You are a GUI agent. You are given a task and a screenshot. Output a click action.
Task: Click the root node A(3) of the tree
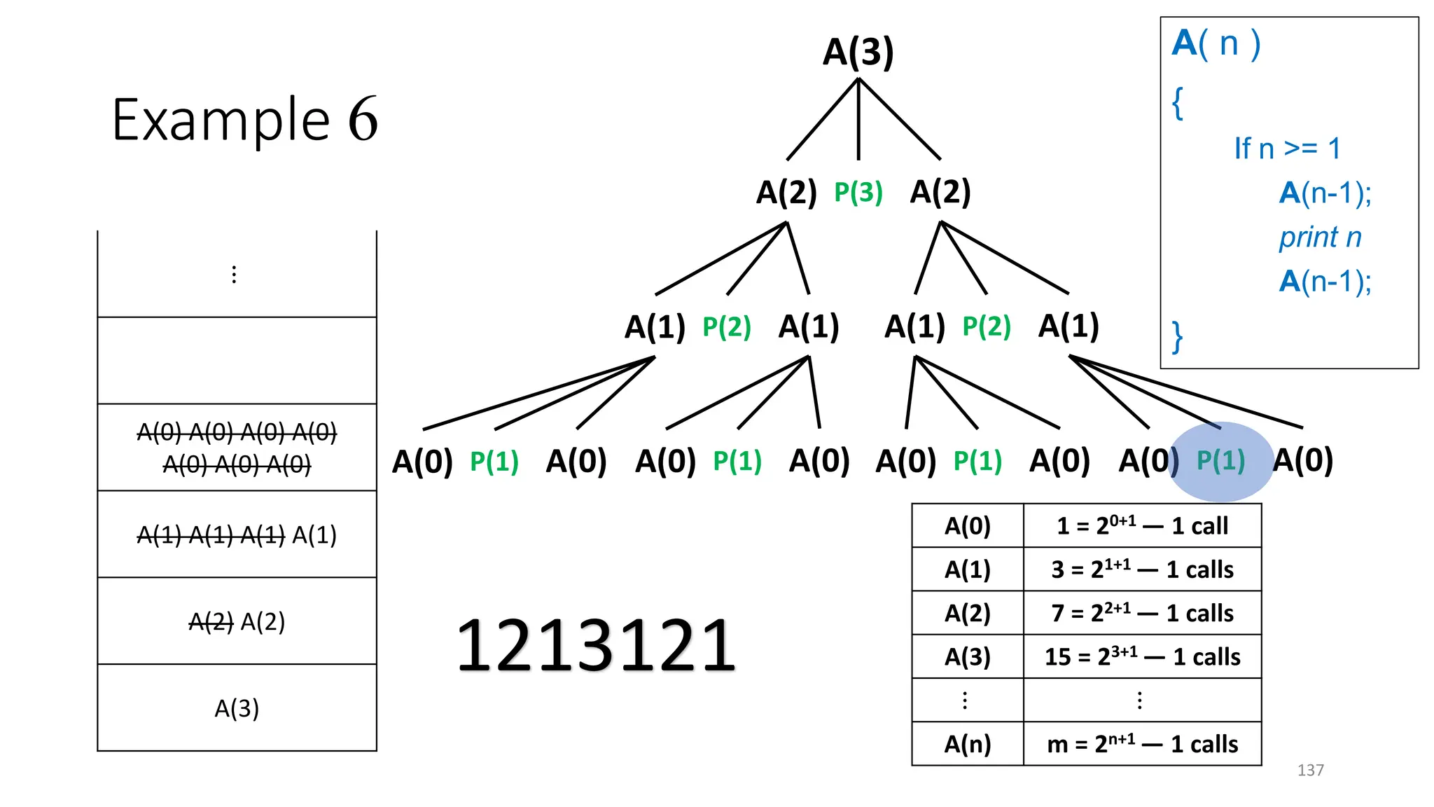pyautogui.click(x=858, y=52)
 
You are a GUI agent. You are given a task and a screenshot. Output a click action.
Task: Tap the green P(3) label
pyautogui.click(x=858, y=192)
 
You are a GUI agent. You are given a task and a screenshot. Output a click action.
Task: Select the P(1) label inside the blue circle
pyautogui.click(x=1220, y=460)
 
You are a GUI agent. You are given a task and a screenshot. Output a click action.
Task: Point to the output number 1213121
pyautogui.click(x=596, y=645)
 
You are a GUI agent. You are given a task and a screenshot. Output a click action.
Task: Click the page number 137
pyautogui.click(x=1310, y=770)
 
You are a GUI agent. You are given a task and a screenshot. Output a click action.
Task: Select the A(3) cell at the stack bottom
pyautogui.click(x=237, y=708)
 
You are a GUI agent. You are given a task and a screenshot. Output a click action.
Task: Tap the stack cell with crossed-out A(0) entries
pyautogui.click(x=237, y=448)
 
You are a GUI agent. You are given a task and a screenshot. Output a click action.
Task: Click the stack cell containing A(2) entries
pyautogui.click(x=237, y=621)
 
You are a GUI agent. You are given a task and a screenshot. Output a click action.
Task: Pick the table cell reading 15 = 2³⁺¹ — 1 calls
pyautogui.click(x=1142, y=656)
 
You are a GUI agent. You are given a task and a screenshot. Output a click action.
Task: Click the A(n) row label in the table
pyautogui.click(x=968, y=743)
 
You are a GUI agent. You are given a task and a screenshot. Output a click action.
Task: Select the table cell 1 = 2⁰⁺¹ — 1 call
pyautogui.click(x=1142, y=525)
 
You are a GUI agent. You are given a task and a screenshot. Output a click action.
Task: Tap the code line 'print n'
pyautogui.click(x=1320, y=237)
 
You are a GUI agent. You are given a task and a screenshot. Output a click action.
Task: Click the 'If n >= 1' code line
pyautogui.click(x=1287, y=149)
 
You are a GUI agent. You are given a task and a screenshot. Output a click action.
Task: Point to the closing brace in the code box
pyautogui.click(x=1178, y=337)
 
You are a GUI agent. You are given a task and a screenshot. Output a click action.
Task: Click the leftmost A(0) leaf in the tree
pyautogui.click(x=422, y=461)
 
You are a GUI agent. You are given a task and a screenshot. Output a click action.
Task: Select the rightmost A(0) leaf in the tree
pyautogui.click(x=1302, y=460)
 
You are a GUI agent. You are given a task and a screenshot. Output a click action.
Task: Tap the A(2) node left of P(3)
pyautogui.click(x=786, y=192)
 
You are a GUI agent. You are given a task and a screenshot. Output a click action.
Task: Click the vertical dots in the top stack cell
pyautogui.click(x=234, y=274)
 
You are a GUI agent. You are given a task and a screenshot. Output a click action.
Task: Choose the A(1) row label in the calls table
pyautogui.click(x=968, y=569)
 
